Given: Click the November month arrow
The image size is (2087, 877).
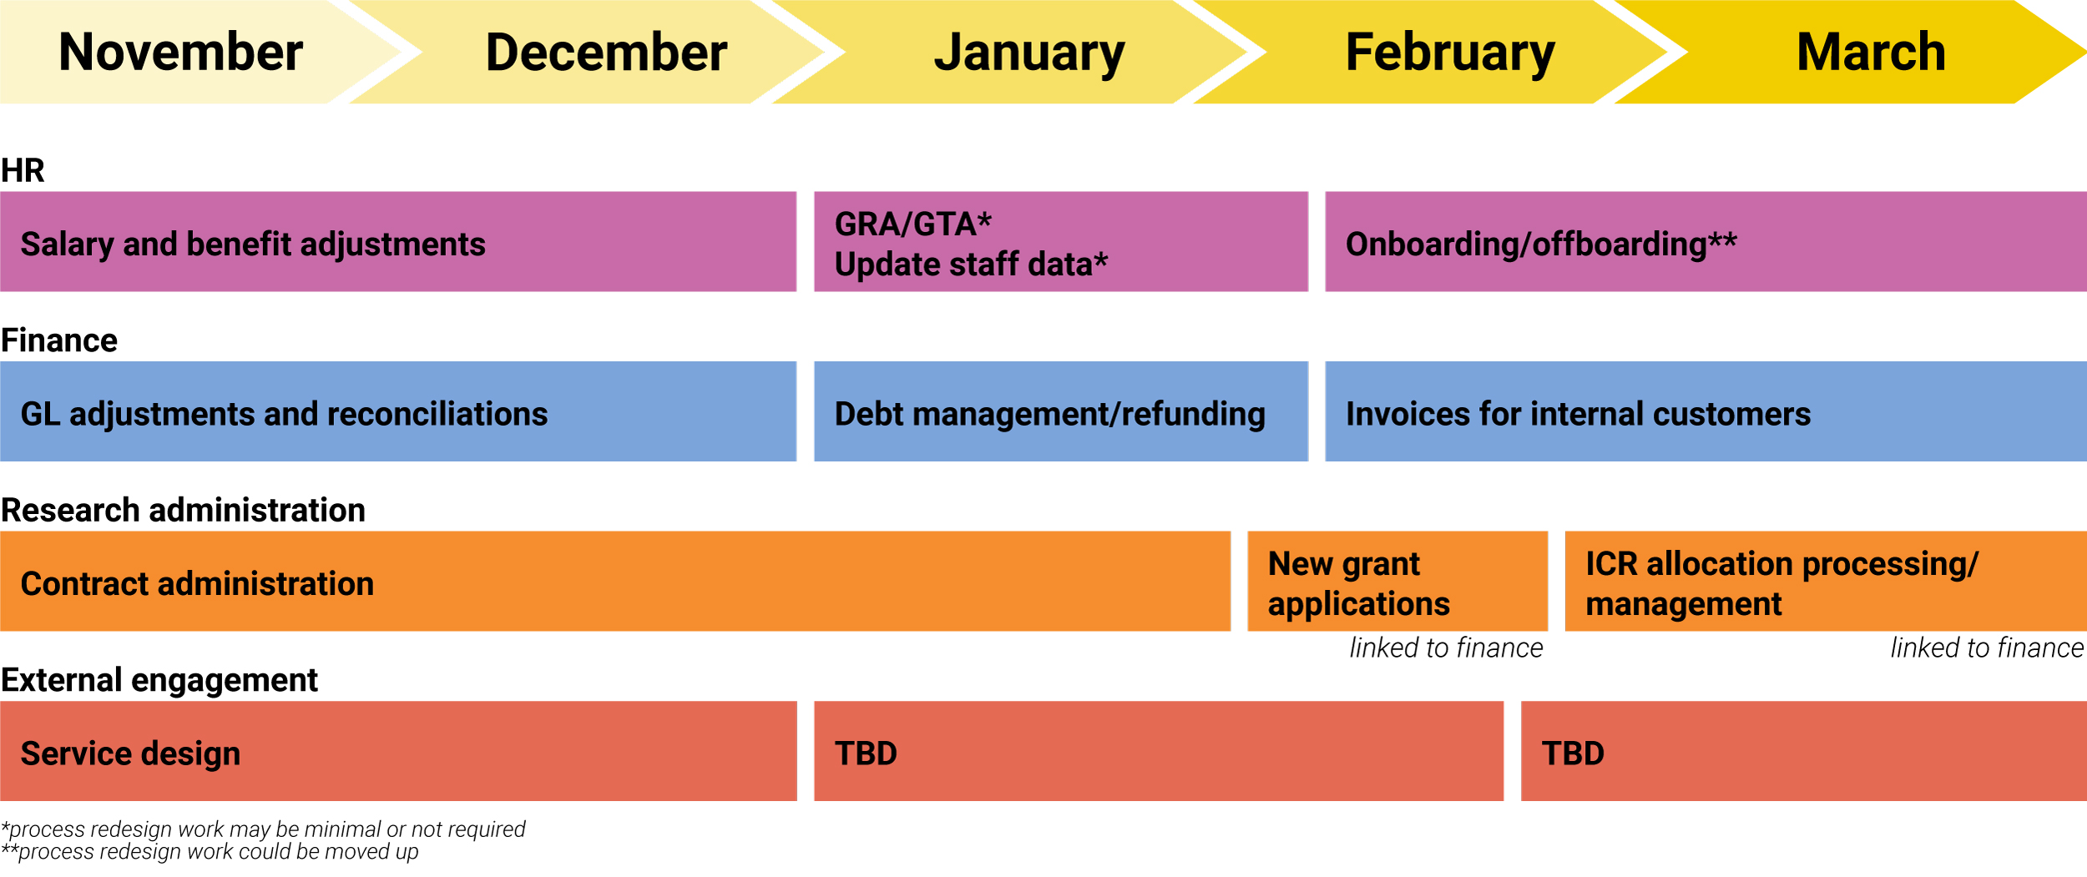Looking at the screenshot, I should coord(180,52).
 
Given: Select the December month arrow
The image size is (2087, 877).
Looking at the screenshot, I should coord(606,52).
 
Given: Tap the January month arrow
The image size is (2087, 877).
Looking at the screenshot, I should coord(1028,52).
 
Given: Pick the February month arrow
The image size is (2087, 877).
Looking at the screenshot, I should coord(1450,52).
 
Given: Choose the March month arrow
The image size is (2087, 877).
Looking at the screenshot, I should coord(1870,52).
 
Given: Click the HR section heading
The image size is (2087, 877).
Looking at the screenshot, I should coord(23,170).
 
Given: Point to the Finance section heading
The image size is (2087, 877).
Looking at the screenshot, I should coord(59,340).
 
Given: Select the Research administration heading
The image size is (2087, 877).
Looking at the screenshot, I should coord(183,510).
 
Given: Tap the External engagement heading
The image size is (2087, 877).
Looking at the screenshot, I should coord(159,680).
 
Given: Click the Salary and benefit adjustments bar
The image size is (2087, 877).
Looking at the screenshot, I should coord(397,242).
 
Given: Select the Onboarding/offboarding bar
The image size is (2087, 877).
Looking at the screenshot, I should coord(1705,242).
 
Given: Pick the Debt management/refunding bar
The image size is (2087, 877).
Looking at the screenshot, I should coord(1060,411).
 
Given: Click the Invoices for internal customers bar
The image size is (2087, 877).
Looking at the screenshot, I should coord(1705,411).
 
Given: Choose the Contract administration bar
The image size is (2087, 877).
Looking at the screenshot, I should coord(614,582).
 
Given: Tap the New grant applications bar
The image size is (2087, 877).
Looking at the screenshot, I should coord(1397,582).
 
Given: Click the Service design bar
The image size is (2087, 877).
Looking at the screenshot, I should coord(397,751).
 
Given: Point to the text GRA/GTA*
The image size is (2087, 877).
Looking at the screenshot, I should coord(912,224).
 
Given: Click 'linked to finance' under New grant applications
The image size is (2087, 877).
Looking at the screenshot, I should coord(1446,648).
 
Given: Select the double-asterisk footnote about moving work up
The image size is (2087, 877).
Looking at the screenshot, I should coord(210,852).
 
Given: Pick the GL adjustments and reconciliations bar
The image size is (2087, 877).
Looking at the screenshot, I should coord(397,411).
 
